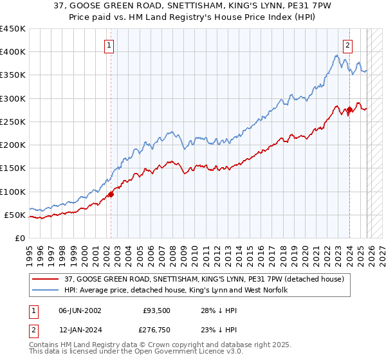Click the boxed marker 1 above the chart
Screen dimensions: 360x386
pyautogui.click(x=110, y=45)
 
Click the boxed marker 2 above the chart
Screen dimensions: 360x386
pyautogui.click(x=348, y=45)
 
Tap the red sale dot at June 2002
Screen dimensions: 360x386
pyautogui.click(x=111, y=194)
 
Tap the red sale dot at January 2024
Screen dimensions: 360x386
pyautogui.click(x=349, y=109)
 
